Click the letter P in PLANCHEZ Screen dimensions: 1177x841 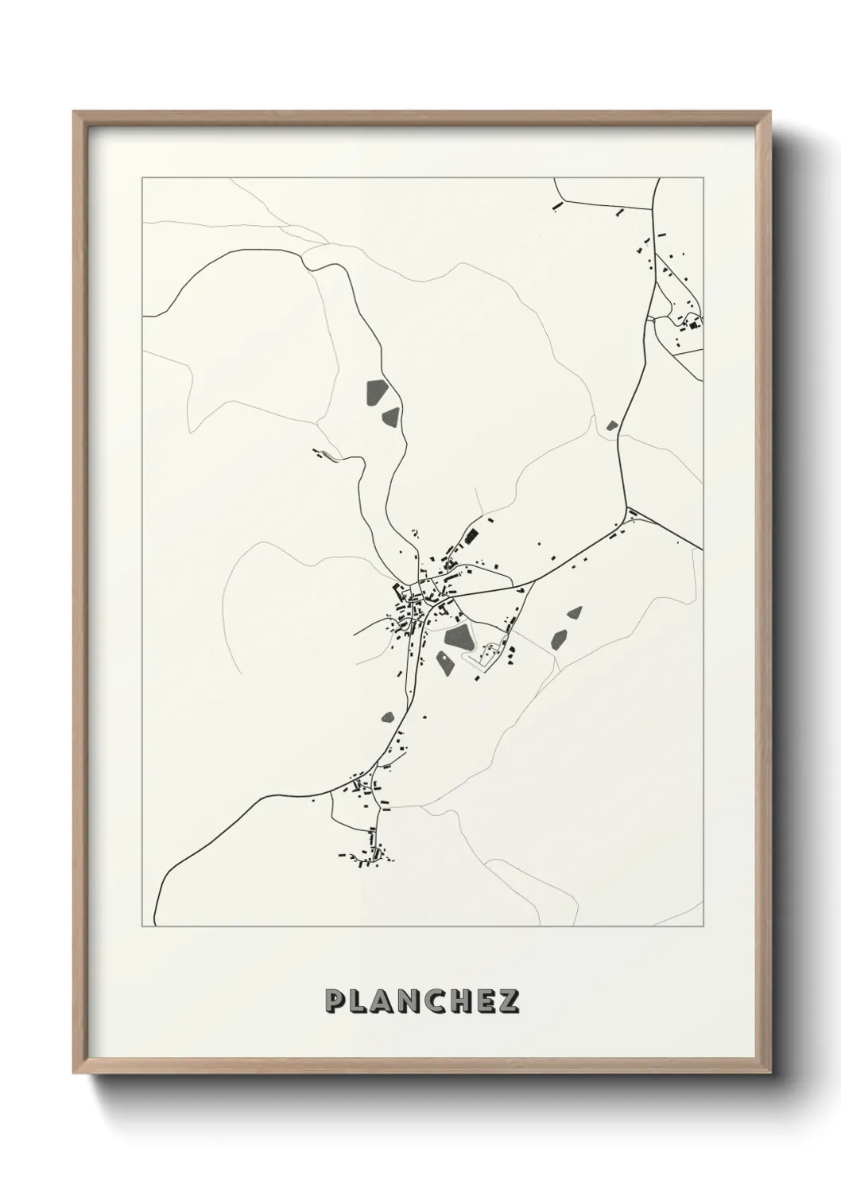click(x=335, y=1001)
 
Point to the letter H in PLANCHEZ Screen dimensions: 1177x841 click(x=457, y=1001)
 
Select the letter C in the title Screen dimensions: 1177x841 click(x=432, y=1001)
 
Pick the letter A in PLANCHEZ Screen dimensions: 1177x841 click(x=382, y=1001)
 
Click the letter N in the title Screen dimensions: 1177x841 click(x=407, y=1001)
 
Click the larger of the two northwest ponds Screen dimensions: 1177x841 click(x=374, y=391)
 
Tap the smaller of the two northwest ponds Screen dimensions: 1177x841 click(x=390, y=416)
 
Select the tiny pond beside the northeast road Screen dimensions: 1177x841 click(x=611, y=425)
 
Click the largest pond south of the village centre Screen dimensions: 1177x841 click(x=459, y=635)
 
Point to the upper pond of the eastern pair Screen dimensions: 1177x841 click(x=574, y=612)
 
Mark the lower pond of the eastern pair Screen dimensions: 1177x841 click(x=560, y=638)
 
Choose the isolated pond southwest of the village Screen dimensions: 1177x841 click(x=388, y=717)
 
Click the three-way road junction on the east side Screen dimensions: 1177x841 click(x=627, y=511)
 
